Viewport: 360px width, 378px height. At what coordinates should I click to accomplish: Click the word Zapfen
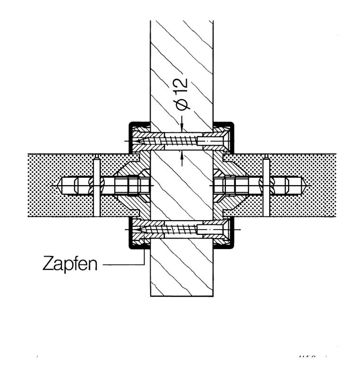70,263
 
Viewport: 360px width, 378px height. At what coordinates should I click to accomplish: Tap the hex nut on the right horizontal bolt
230,185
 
